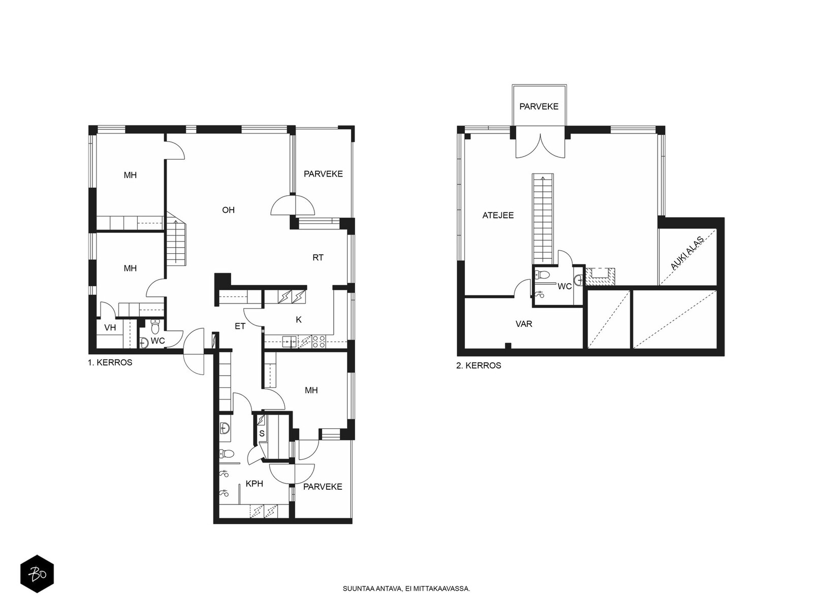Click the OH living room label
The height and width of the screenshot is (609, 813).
pyautogui.click(x=228, y=210)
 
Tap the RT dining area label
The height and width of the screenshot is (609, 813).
pyautogui.click(x=318, y=258)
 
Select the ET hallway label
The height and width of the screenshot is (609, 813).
pyautogui.click(x=240, y=326)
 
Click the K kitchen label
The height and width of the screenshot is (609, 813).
pyautogui.click(x=299, y=320)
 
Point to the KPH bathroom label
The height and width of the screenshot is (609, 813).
pyautogui.click(x=255, y=483)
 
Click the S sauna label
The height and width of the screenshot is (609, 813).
pyautogui.click(x=262, y=433)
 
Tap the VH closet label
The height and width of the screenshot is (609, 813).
pyautogui.click(x=110, y=328)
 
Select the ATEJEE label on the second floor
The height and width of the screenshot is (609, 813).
pyautogui.click(x=498, y=215)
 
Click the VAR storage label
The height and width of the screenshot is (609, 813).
pyautogui.click(x=524, y=324)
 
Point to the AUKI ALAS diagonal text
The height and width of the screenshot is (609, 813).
pyautogui.click(x=687, y=253)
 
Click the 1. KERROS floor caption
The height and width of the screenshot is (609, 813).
pyautogui.click(x=110, y=362)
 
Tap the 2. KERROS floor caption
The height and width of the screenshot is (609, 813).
pyautogui.click(x=479, y=365)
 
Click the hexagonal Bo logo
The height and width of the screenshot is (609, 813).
pyautogui.click(x=37, y=574)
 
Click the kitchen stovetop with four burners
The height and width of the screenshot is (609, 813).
pyautogui.click(x=319, y=341)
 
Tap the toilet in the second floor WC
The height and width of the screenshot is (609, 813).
pyautogui.click(x=543, y=275)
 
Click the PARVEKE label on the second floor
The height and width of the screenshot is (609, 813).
pyautogui.click(x=539, y=107)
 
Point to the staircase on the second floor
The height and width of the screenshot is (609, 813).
pyautogui.click(x=543, y=219)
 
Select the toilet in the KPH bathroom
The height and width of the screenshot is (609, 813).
pyautogui.click(x=227, y=453)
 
